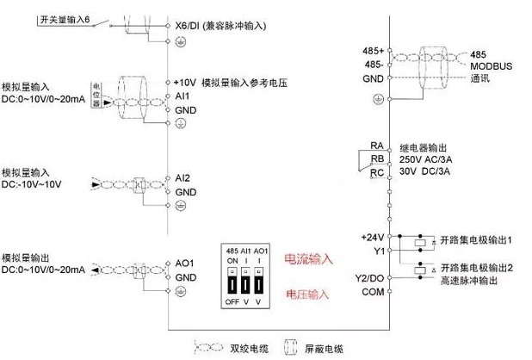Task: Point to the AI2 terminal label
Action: coord(182,177)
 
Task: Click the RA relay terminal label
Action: coord(376,146)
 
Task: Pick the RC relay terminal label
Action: coord(376,173)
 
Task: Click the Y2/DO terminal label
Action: coord(368,277)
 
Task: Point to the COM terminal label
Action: coord(372,293)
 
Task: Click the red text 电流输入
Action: coord(307,258)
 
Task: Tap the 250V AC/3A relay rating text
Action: coord(425,159)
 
